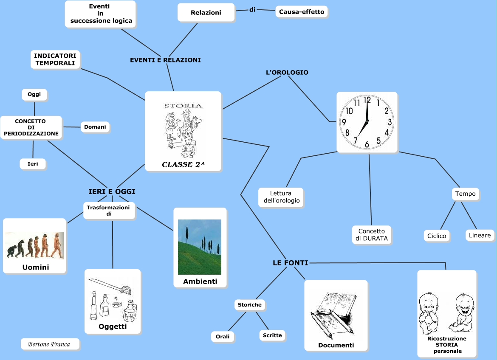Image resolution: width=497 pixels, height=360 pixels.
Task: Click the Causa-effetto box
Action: [x=302, y=12]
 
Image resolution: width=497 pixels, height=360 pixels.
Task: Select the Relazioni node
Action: [x=206, y=13]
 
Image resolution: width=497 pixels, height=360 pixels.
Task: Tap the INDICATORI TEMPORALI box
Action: [x=55, y=59]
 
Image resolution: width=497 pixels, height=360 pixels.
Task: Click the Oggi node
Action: [x=34, y=94]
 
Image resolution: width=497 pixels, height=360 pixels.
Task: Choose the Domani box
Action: [x=95, y=127]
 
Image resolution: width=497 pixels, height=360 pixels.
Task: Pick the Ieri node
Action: [x=33, y=164]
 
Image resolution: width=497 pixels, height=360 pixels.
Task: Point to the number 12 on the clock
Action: [x=367, y=101]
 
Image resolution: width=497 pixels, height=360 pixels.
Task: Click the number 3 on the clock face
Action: [x=390, y=122]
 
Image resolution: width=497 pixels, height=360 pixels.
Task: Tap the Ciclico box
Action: [x=437, y=236]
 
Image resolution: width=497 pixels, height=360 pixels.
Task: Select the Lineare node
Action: [x=480, y=235]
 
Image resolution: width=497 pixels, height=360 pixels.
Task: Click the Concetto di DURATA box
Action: [x=372, y=235]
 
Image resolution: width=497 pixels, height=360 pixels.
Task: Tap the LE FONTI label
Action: [x=291, y=263]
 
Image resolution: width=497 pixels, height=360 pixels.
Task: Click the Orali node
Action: [x=223, y=337]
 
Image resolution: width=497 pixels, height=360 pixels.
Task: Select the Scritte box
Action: [x=272, y=335]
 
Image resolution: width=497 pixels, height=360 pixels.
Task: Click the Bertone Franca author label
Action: [x=50, y=344]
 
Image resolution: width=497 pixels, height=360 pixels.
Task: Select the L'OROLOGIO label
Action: [x=287, y=73]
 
